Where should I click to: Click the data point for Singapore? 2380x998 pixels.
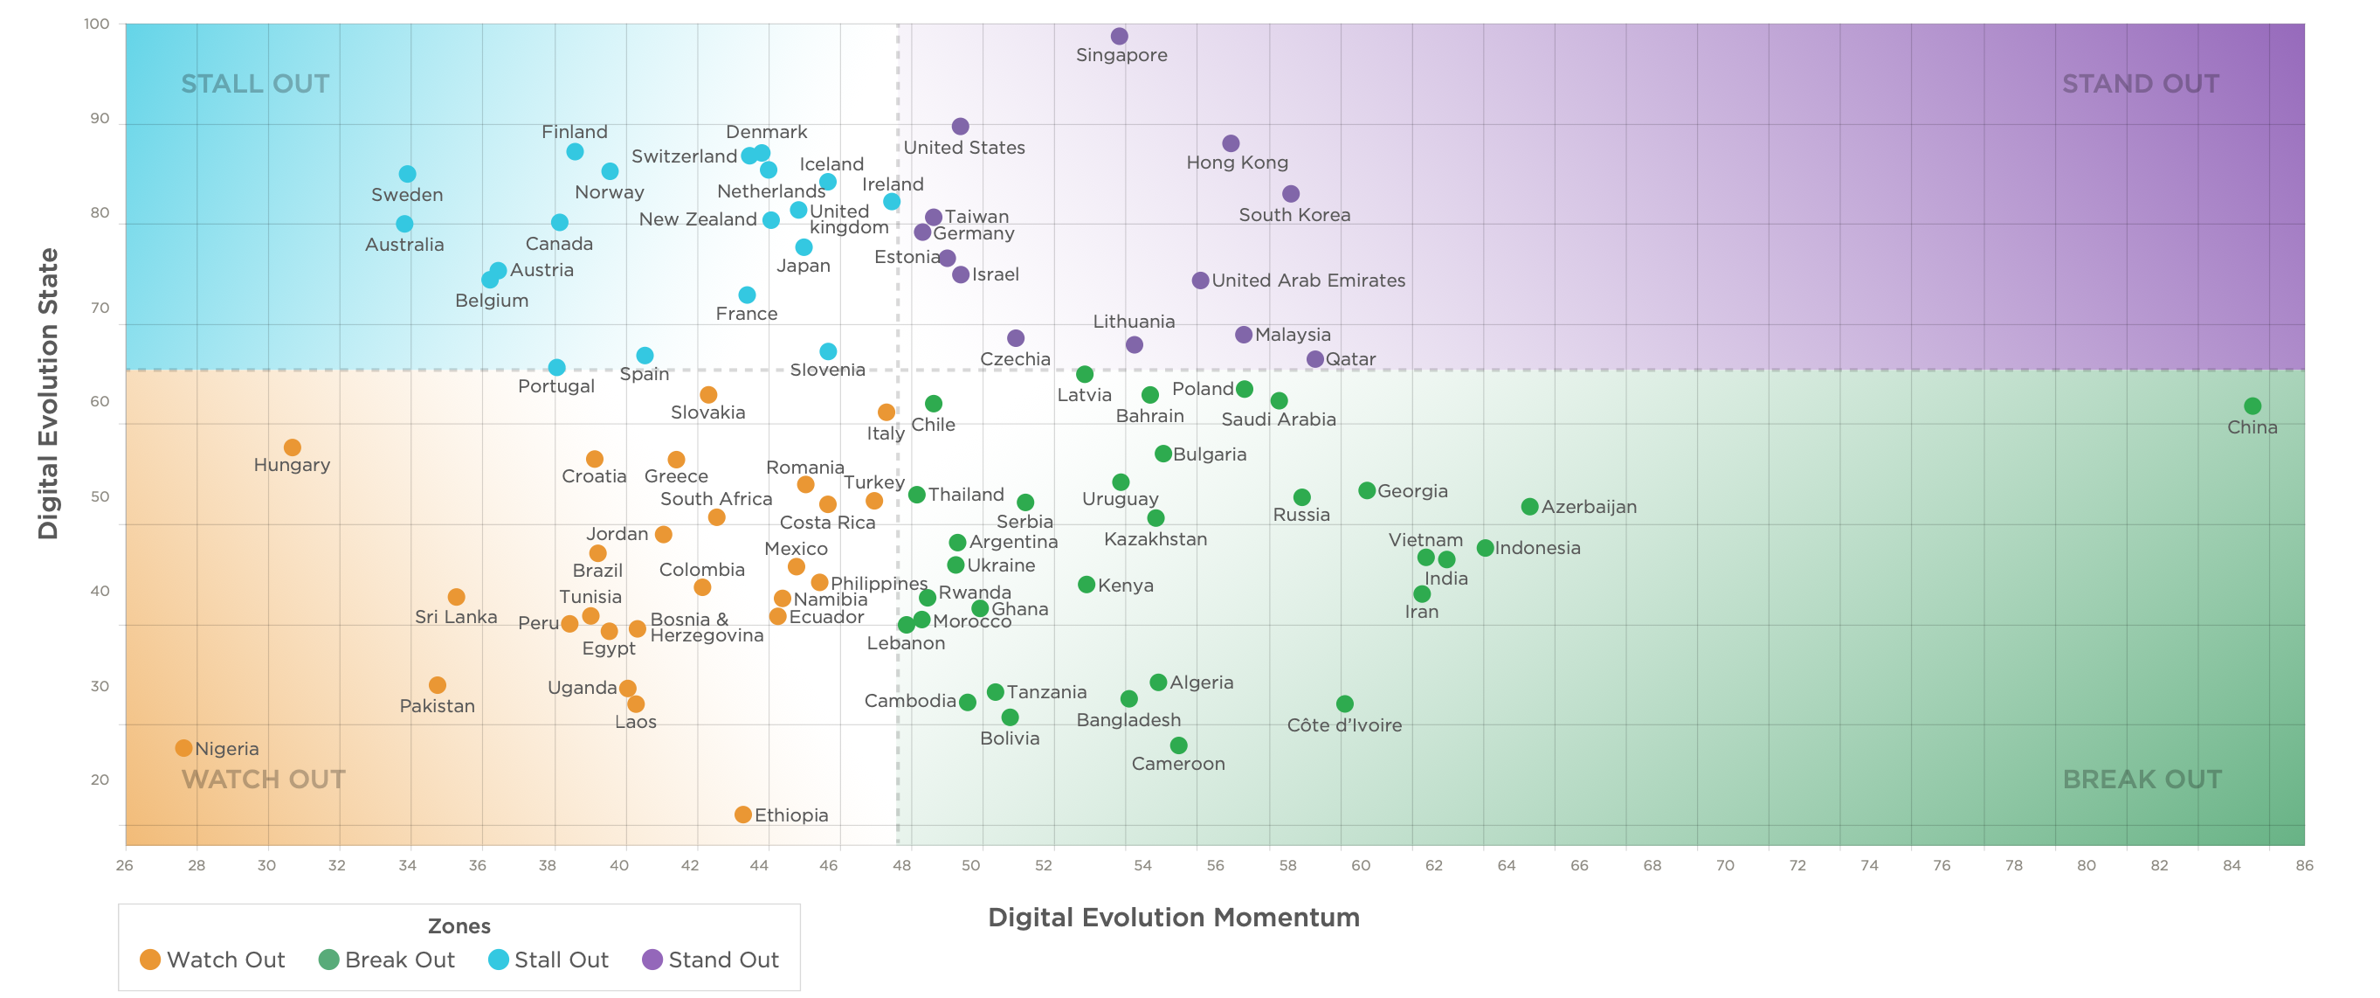(1119, 36)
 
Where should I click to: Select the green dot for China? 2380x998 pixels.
(2252, 405)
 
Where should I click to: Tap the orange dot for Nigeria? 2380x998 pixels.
(184, 747)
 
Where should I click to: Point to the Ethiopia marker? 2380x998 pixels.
(743, 814)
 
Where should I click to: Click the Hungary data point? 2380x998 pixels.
(292, 447)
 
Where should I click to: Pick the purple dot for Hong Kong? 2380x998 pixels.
(1231, 143)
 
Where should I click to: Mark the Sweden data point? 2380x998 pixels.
(408, 174)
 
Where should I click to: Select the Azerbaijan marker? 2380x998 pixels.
(1530, 506)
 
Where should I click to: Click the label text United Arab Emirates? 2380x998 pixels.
(1308, 280)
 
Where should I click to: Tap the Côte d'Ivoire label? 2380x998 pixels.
(1344, 725)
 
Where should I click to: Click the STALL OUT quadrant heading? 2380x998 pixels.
(255, 84)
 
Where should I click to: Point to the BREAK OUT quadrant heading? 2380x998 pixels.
(2142, 779)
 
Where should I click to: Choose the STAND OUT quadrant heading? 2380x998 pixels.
(2141, 84)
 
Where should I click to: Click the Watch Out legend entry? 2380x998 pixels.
(212, 960)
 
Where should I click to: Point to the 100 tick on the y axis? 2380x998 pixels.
(97, 24)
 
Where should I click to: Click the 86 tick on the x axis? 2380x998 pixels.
(2304, 865)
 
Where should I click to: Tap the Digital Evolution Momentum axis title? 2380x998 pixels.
(1173, 917)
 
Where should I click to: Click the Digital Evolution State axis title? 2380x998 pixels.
(48, 392)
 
